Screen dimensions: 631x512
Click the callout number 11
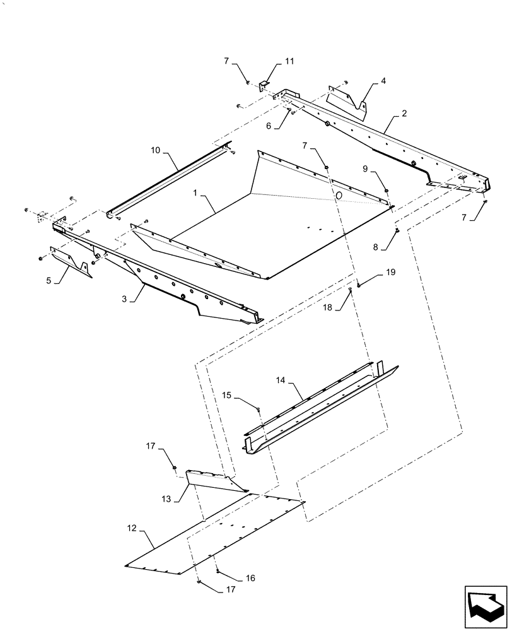(x=289, y=61)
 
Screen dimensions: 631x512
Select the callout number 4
(x=383, y=81)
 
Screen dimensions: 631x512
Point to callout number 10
(x=156, y=150)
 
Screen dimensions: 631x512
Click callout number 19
(x=390, y=271)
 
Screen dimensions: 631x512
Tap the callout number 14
(x=281, y=381)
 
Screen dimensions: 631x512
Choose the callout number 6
(x=269, y=126)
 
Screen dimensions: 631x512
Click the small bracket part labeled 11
(x=265, y=85)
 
